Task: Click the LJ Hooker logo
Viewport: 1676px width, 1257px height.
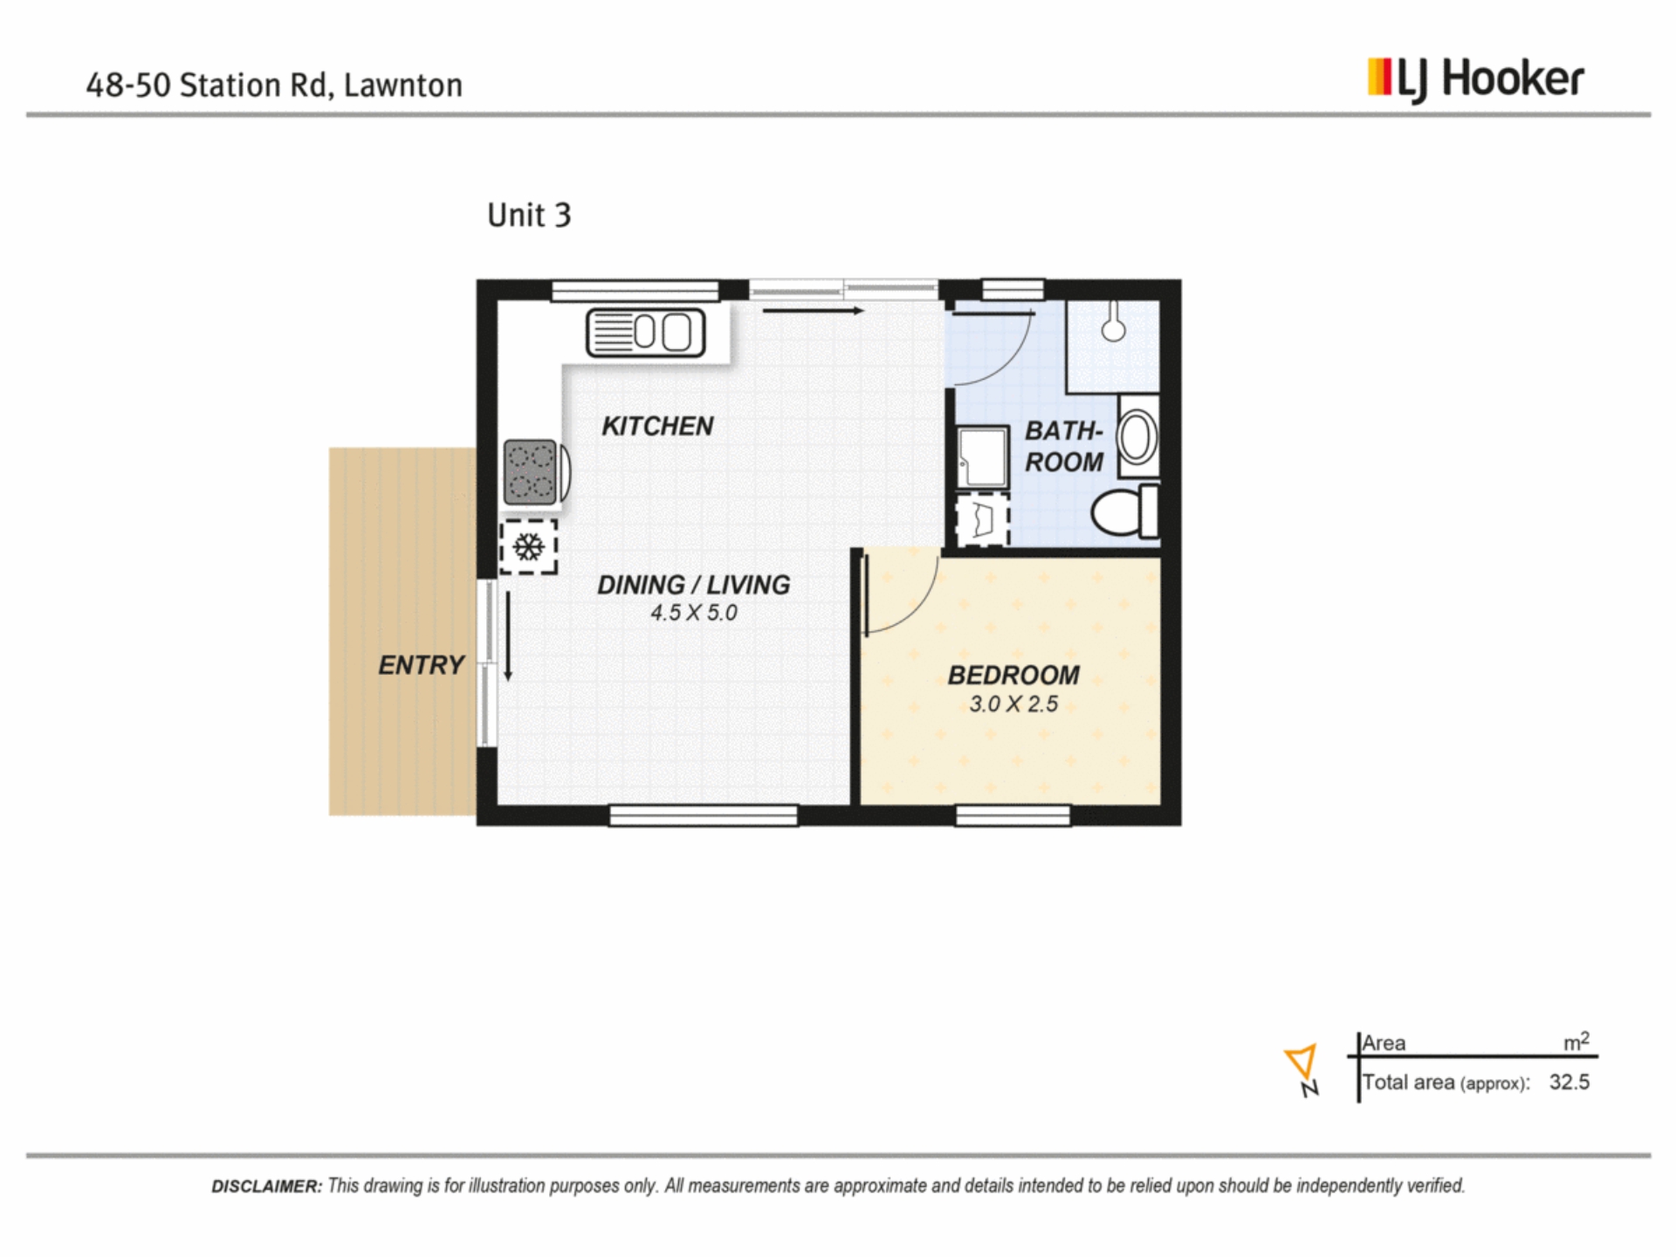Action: (1475, 80)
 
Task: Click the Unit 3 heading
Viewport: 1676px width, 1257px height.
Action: (529, 215)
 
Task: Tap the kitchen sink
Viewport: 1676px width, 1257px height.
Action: (645, 333)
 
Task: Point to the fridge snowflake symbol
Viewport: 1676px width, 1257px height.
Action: (528, 547)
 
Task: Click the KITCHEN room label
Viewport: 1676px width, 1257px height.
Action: (657, 426)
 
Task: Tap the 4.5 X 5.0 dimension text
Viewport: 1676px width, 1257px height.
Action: (694, 613)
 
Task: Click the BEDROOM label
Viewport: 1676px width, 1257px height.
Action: (1013, 675)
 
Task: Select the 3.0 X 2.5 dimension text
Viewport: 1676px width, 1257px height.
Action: (1013, 704)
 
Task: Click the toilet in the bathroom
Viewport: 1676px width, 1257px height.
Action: (1124, 512)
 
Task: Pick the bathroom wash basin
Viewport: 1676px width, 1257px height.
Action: (1137, 436)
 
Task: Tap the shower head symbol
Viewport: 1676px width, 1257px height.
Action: (1113, 325)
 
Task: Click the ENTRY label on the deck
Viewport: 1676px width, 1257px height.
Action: (421, 665)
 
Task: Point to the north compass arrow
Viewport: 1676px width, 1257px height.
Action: (1301, 1061)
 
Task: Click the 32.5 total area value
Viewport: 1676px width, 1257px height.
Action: (1570, 1082)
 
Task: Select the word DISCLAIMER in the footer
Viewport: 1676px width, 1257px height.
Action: (266, 1186)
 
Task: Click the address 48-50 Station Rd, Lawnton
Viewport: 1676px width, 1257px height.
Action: (274, 86)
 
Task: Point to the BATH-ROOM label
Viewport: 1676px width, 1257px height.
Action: (1064, 446)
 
